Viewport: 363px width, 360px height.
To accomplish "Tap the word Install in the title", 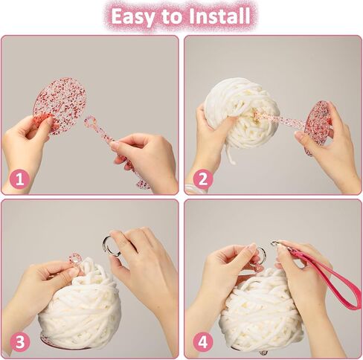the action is [x=219, y=16].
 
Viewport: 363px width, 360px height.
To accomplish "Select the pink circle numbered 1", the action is [x=20, y=179].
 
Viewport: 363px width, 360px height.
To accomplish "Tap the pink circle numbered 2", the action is [x=203, y=179].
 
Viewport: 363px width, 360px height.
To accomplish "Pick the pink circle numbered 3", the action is [x=20, y=342].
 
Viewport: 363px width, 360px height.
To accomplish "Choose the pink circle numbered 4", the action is [x=203, y=342].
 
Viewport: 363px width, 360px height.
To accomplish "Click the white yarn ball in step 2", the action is [x=237, y=114].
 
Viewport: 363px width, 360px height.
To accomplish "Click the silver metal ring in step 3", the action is [x=112, y=246].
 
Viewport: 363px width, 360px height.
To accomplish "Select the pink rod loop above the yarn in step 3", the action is [x=74, y=259].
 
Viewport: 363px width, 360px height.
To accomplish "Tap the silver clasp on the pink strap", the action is [x=277, y=245].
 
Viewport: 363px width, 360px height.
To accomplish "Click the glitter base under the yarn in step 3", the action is [x=47, y=341].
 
